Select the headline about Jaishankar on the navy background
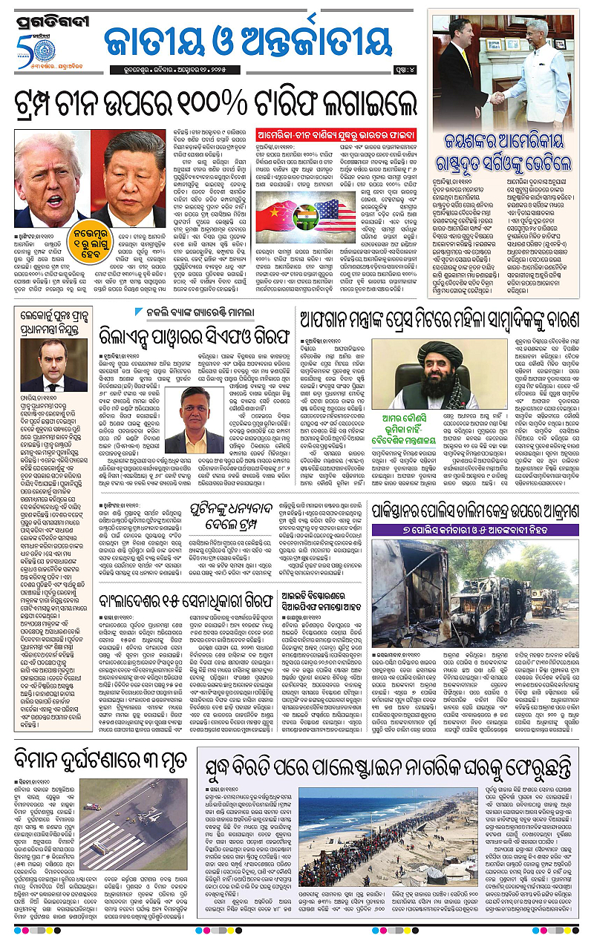[x=505, y=148]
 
